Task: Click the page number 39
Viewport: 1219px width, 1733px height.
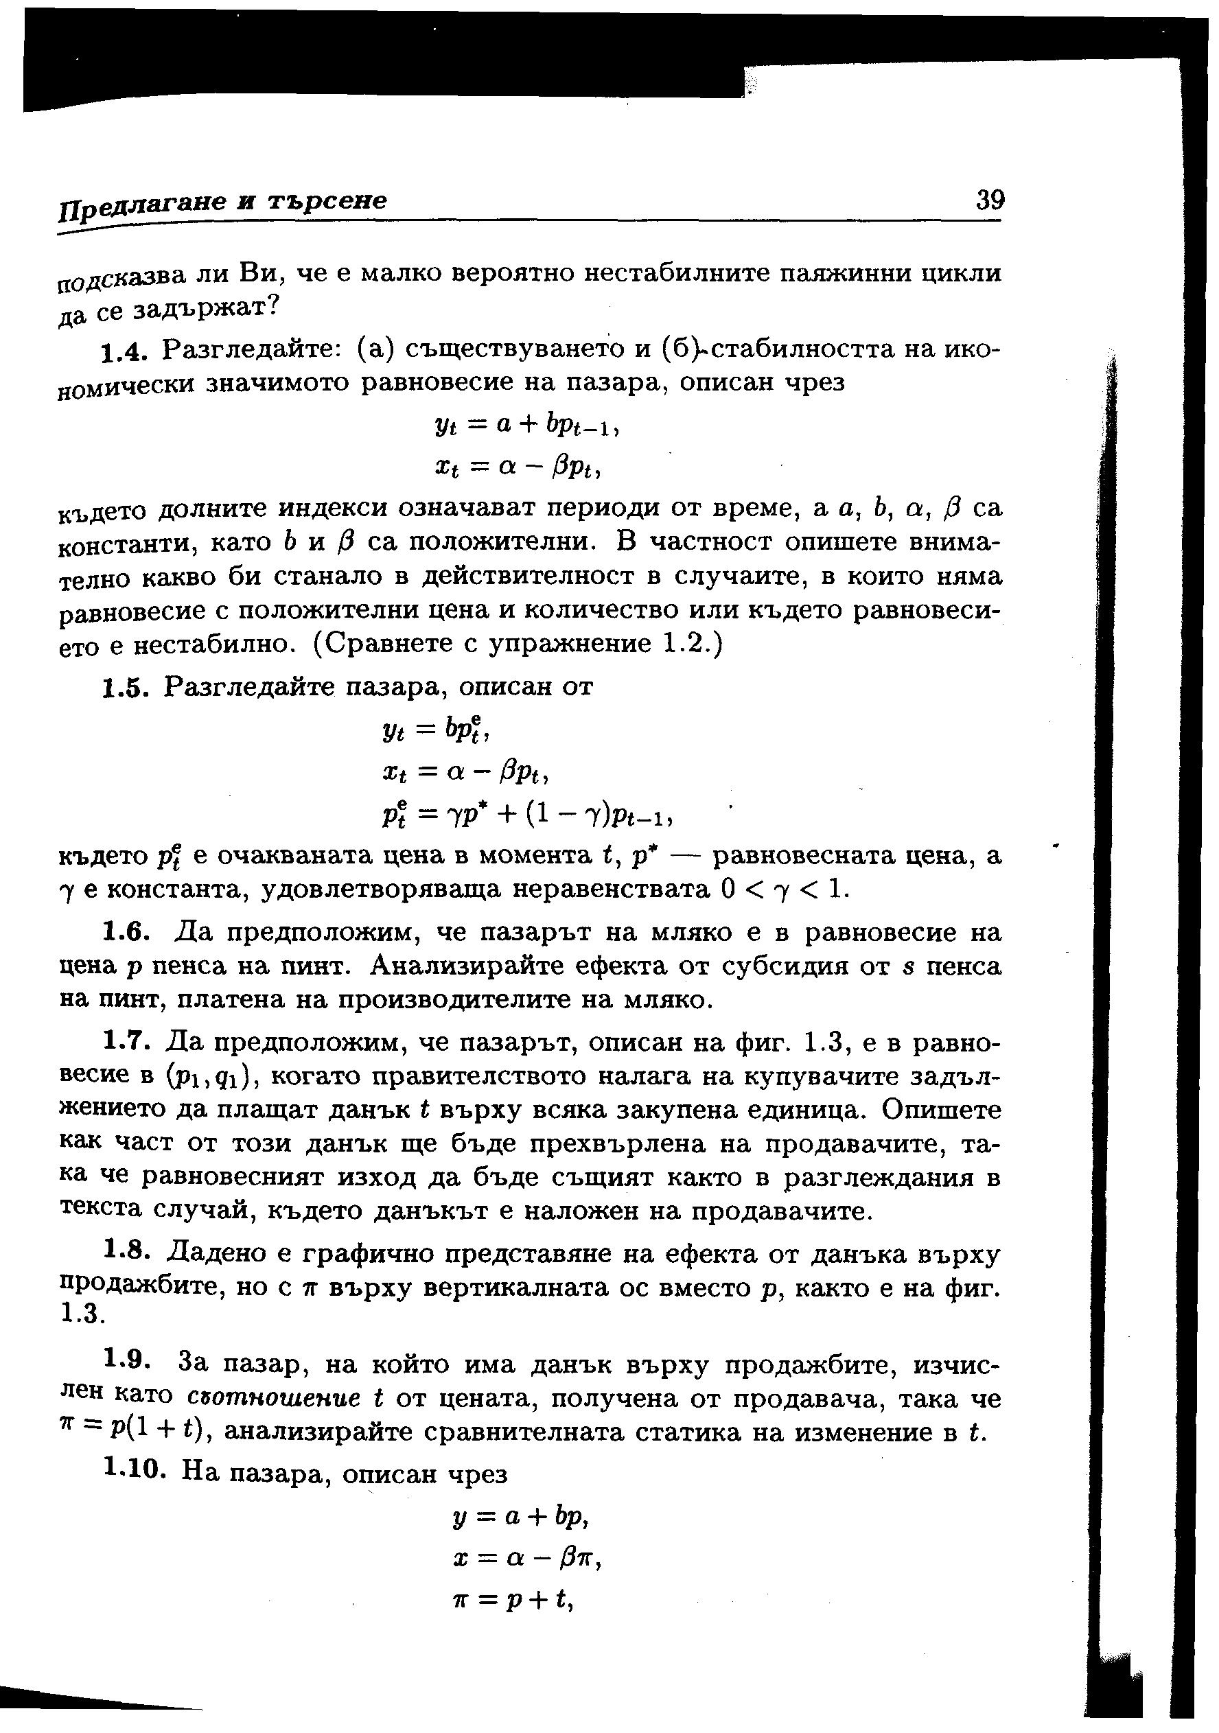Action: pos(990,201)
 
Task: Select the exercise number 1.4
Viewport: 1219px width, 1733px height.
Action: pos(122,351)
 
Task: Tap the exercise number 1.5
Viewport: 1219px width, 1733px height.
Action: pos(124,688)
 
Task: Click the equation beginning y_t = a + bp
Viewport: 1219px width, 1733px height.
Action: pos(528,426)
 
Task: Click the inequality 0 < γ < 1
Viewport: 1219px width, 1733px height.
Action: pos(785,891)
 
